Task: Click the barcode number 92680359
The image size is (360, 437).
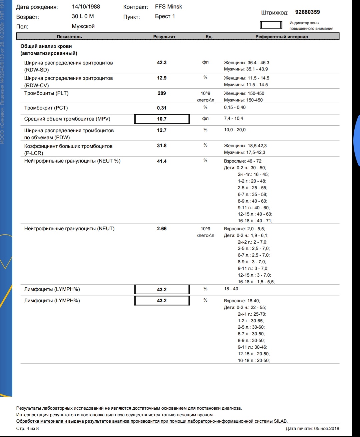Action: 307,12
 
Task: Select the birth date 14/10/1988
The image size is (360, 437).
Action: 86,7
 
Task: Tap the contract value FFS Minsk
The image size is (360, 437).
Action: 168,7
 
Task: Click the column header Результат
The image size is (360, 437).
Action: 164,37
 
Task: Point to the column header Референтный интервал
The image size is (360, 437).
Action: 281,37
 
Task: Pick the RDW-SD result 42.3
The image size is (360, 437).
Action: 162,63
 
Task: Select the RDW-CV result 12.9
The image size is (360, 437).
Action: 162,78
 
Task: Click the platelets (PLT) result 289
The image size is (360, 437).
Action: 162,93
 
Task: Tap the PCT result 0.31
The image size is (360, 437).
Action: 162,108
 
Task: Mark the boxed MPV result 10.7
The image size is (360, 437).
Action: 162,119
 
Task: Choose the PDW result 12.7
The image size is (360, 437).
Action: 162,130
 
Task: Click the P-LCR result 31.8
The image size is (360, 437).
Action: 162,146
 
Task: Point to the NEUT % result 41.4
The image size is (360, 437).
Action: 162,161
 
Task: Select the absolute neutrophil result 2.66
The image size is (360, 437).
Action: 162,229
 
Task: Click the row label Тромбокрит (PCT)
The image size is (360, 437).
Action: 46,108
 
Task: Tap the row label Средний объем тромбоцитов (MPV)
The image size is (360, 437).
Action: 67,119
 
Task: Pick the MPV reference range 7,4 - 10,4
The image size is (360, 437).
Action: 233,119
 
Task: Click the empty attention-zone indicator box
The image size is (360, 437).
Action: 271,25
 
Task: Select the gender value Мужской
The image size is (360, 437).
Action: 83,26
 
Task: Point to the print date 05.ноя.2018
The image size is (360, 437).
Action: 326,428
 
